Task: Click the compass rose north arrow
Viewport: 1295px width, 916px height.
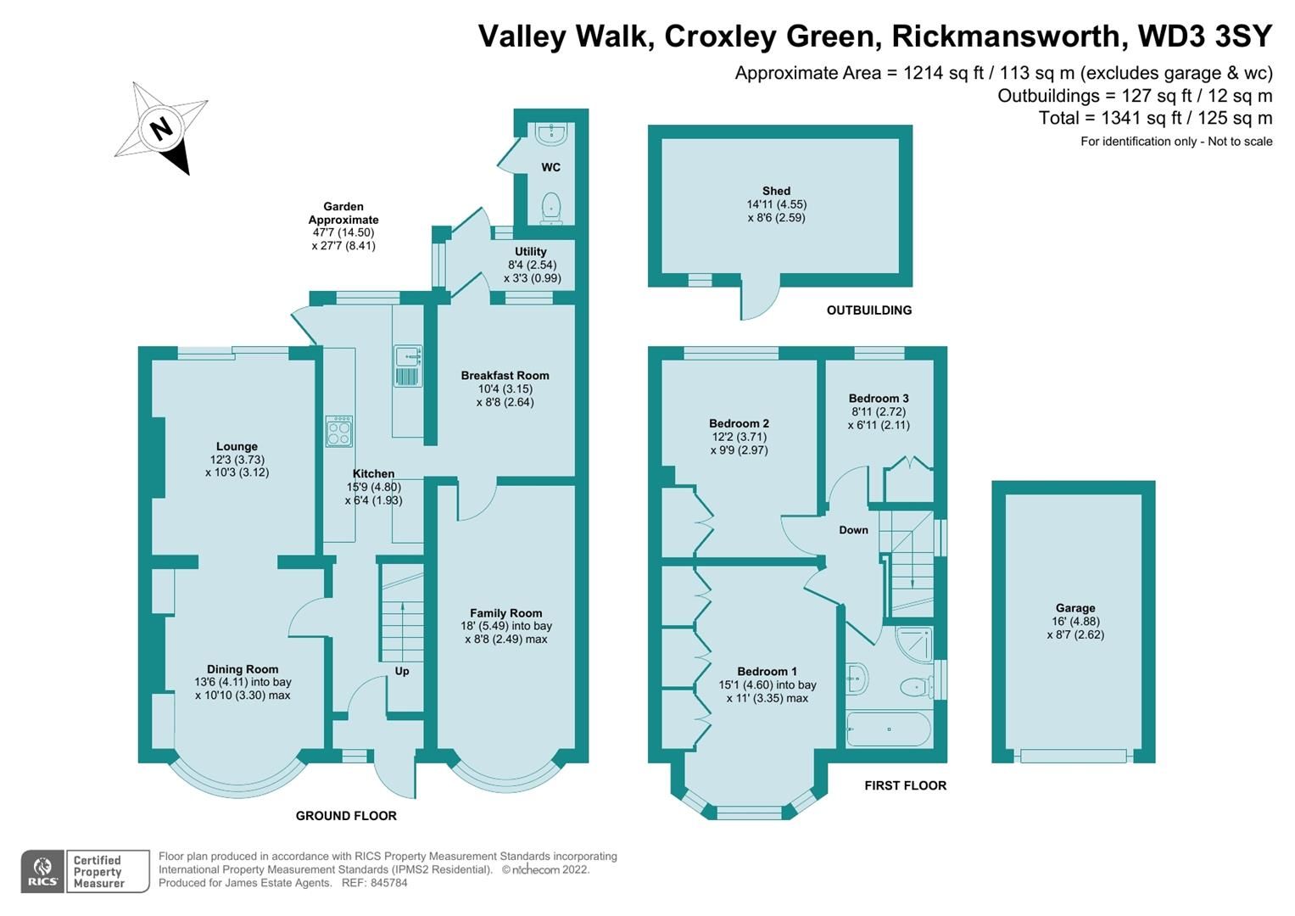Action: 162,129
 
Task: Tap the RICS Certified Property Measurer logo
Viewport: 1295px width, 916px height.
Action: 85,871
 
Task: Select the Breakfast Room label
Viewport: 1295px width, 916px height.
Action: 505,376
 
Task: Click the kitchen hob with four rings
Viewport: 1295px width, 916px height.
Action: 339,431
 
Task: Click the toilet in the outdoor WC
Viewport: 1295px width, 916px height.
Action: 551,206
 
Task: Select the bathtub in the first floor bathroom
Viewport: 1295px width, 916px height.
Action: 888,729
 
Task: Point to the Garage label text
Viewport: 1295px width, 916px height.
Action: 1075,608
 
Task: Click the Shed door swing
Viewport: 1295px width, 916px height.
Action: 757,301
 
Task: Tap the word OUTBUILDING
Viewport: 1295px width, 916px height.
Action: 868,310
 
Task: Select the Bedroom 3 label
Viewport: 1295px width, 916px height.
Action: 878,399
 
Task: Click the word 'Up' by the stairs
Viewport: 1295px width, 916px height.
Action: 402,671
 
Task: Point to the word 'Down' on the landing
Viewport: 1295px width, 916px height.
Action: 853,530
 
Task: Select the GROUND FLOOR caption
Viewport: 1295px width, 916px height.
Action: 346,816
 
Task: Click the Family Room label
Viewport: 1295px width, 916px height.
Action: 505,613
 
